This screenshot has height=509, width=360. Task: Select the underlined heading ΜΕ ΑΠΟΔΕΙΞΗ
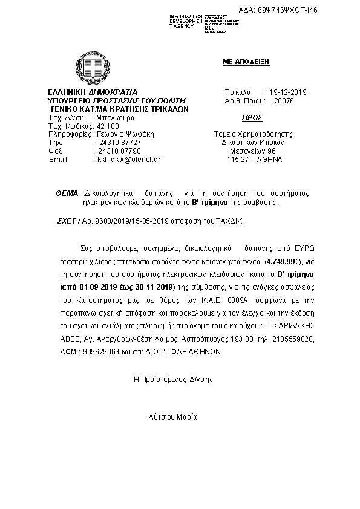[246, 62]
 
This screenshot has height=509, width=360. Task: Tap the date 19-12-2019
[288, 92]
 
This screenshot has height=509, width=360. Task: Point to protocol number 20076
[284, 101]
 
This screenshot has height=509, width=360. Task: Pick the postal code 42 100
[108, 126]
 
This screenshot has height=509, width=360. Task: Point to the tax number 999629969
[92, 351]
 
